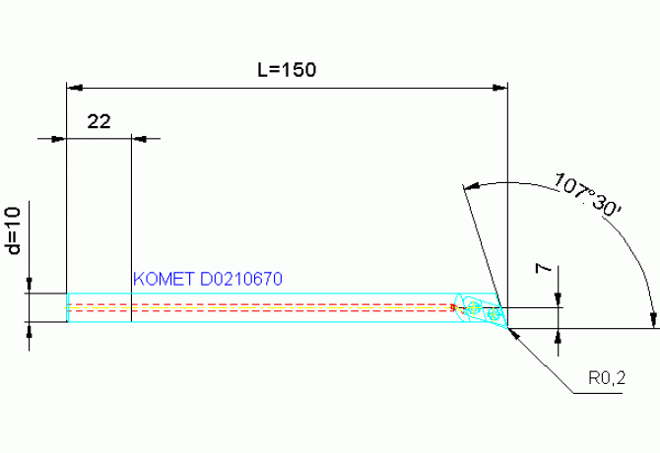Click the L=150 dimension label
click(287, 69)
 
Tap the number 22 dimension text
click(99, 121)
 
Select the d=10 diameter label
click(14, 230)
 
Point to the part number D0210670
click(241, 279)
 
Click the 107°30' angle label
click(587, 195)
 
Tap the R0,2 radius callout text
click(607, 378)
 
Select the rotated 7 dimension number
click(543, 268)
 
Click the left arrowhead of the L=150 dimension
click(75, 88)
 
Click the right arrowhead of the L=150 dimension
click(500, 88)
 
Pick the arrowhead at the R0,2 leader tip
click(513, 334)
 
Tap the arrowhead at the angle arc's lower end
click(653, 320)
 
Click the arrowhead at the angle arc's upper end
click(472, 186)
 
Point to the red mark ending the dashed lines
click(453, 308)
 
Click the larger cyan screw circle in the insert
click(474, 307)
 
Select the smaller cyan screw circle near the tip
click(493, 313)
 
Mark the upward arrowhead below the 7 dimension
click(559, 336)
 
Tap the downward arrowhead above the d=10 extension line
click(29, 285)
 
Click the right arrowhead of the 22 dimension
click(139, 139)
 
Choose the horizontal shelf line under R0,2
click(598, 394)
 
